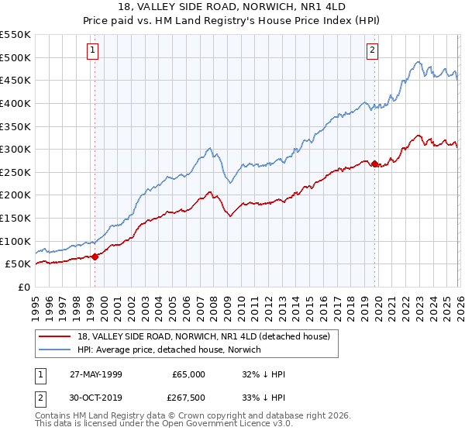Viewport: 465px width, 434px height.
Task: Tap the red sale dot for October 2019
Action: pos(375,164)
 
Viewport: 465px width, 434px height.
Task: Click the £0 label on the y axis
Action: pos(23,287)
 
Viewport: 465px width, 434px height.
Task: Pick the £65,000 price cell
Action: pos(188,374)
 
